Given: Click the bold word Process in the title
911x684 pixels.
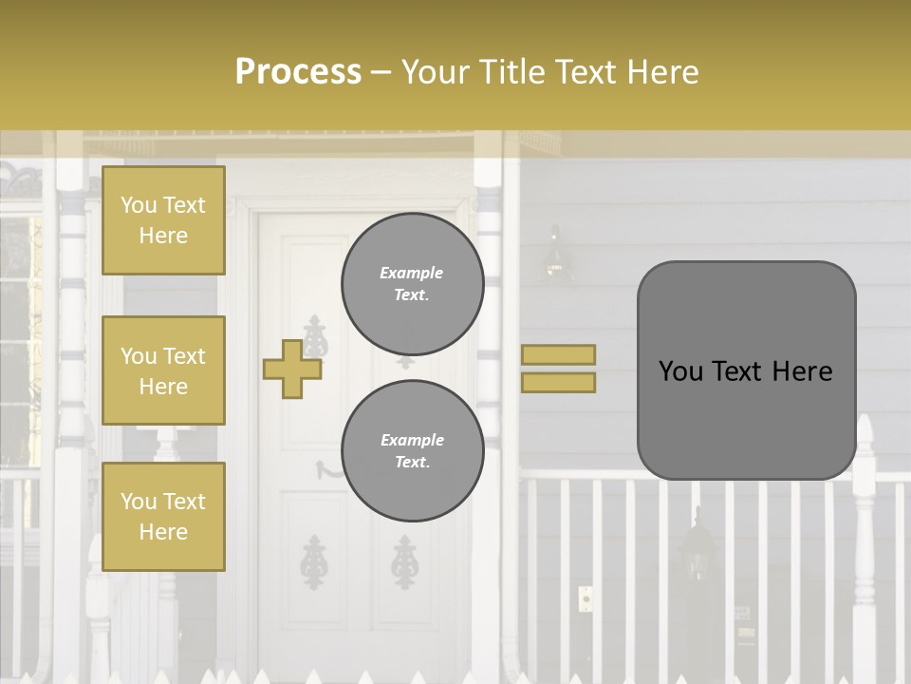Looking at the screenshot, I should [298, 71].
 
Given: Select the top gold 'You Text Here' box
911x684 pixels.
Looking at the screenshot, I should [163, 220].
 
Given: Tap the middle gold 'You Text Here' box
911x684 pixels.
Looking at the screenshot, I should [163, 370].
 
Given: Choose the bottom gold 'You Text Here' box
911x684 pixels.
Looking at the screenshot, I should [163, 517].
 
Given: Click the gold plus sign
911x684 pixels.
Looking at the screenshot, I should [291, 370].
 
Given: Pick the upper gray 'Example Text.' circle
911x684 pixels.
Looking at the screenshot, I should [412, 283].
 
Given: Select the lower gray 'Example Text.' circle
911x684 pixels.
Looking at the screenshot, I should [412, 450].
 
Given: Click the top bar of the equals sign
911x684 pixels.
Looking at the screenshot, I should [558, 354].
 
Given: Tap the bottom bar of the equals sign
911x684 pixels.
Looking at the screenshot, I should [558, 382].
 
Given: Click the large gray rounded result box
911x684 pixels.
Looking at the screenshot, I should [746, 370].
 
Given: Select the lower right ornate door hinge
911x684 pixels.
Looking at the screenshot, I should [405, 560].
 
